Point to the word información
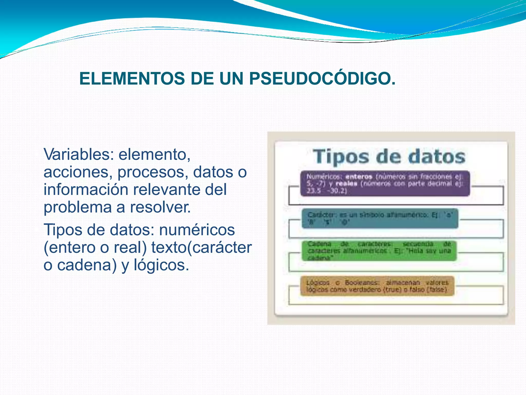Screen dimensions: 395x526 click(x=86, y=190)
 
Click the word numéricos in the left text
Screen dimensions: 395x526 click(x=197, y=230)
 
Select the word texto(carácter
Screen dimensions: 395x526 click(x=201, y=247)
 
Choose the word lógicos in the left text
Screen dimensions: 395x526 click(x=161, y=265)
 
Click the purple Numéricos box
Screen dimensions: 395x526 click(x=385, y=184)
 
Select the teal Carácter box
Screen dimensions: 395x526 click(x=380, y=218)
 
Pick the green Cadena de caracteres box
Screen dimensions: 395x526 click(x=379, y=251)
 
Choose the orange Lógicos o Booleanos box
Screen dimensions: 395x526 click(x=377, y=286)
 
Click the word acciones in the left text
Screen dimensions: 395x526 click(x=78, y=172)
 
